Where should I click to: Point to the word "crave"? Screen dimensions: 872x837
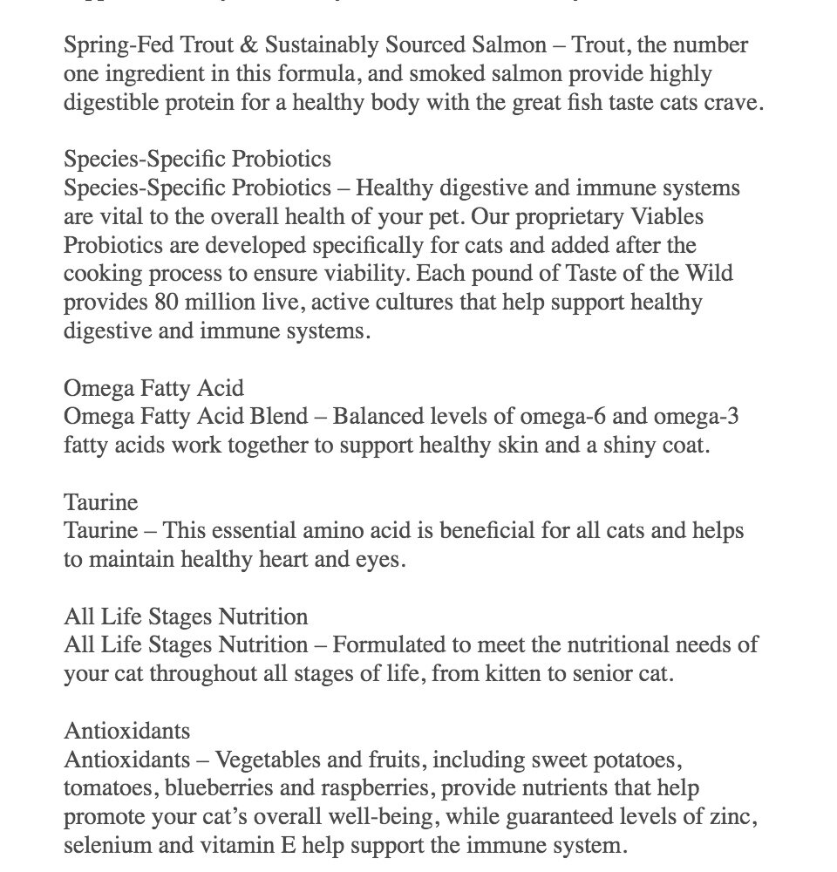(734, 103)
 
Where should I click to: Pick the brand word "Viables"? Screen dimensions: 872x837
(669, 217)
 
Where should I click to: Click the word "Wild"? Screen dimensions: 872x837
(710, 274)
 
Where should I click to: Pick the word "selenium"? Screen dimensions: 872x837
(101, 846)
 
